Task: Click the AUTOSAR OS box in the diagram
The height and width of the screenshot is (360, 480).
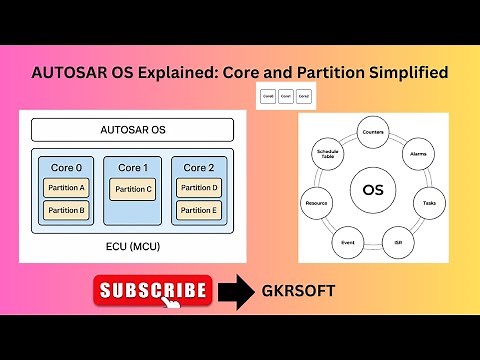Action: pyautogui.click(x=132, y=130)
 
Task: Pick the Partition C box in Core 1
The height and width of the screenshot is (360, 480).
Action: pyautogui.click(x=132, y=189)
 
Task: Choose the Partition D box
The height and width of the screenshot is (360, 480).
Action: pyautogui.click(x=199, y=187)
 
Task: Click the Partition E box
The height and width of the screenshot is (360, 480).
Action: pyautogui.click(x=199, y=210)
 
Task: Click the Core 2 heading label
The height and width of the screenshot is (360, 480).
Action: pyautogui.click(x=199, y=166)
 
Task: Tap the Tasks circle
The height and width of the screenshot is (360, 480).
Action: pyautogui.click(x=429, y=203)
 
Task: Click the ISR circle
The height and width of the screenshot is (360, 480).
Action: pyautogui.click(x=393, y=241)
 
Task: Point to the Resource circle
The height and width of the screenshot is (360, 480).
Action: pyautogui.click(x=317, y=203)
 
